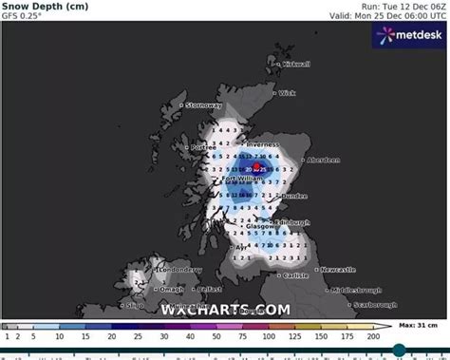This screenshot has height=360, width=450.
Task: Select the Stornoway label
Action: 204,105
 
